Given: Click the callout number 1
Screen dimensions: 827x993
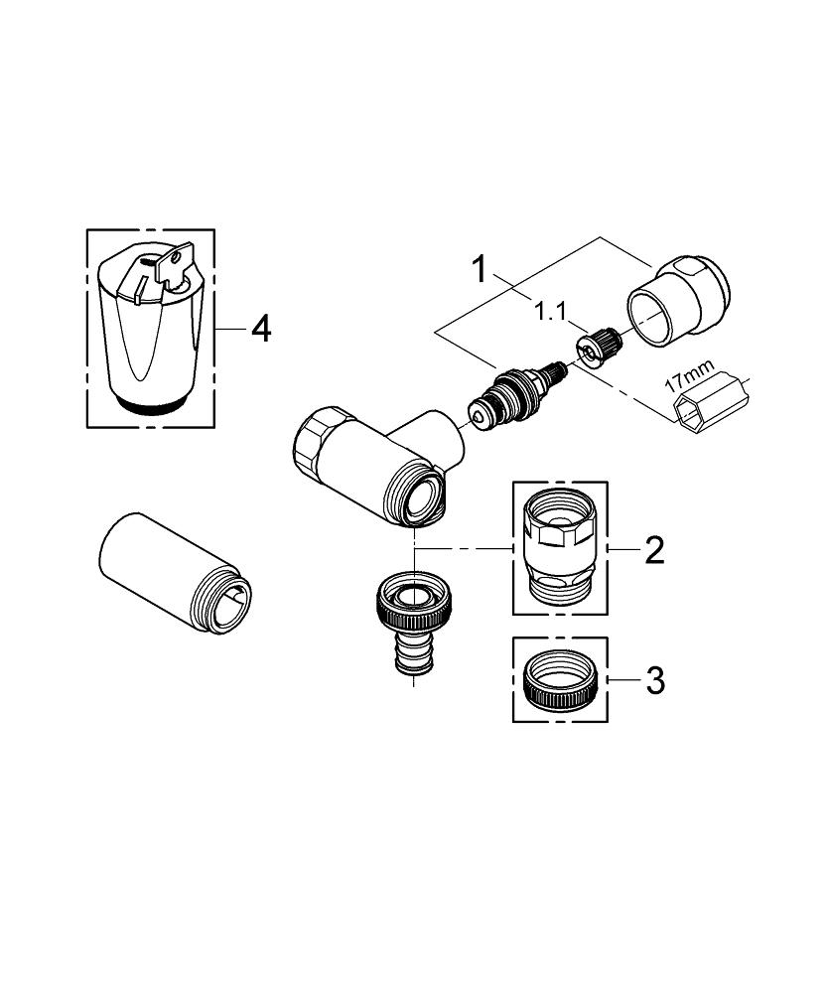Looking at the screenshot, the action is click(481, 269).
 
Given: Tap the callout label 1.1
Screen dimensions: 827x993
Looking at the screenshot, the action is click(550, 312).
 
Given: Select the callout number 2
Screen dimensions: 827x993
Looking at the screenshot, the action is click(654, 550).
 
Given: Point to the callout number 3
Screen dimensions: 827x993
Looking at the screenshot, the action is click(655, 681).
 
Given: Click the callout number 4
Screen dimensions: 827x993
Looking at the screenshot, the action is click(261, 330).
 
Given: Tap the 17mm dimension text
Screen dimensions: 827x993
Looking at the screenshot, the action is click(690, 375).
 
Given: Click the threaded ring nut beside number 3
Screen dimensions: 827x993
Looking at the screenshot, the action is click(560, 681).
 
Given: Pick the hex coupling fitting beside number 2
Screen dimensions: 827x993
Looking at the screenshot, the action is click(560, 548).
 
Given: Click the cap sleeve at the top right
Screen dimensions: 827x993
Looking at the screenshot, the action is click(677, 300).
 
